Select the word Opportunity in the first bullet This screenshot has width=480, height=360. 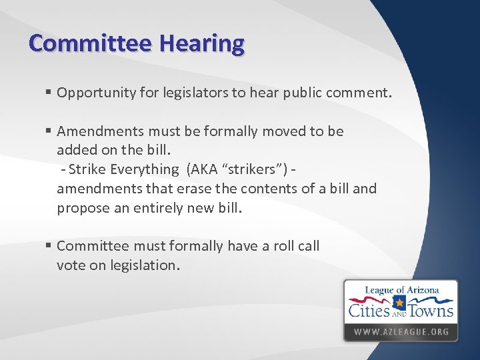click(x=93, y=93)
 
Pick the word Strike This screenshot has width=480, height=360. click(x=86, y=170)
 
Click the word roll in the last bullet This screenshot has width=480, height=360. click(x=270, y=246)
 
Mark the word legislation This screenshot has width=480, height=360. click(x=144, y=265)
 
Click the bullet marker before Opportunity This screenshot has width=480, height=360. click(x=49, y=93)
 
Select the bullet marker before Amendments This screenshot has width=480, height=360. click(x=49, y=131)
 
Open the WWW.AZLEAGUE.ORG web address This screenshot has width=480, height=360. click(x=401, y=331)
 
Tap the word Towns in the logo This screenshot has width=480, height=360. click(x=431, y=311)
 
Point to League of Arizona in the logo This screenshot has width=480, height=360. click(x=400, y=290)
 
